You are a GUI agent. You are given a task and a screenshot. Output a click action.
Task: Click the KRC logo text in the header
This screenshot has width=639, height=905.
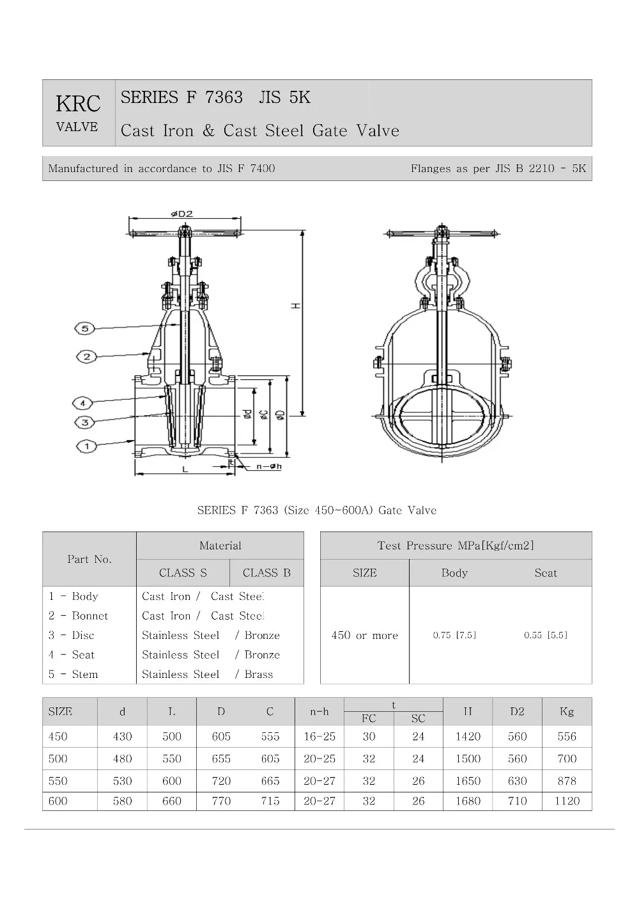coord(78,104)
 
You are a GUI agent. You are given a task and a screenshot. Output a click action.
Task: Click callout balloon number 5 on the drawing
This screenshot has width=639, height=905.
coord(86,328)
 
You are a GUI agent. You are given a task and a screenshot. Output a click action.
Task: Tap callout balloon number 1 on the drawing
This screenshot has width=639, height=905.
coord(87,446)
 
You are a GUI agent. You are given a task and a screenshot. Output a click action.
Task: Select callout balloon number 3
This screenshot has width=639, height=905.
coord(85,422)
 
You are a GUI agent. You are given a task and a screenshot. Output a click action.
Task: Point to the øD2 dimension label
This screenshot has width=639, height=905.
coord(181,214)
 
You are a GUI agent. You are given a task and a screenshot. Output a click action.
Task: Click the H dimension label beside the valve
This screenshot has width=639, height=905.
coord(296,306)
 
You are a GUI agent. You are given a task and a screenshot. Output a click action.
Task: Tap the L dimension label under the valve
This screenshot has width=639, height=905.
coord(185,469)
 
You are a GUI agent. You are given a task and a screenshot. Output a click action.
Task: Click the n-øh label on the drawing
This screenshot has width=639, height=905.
coord(269,466)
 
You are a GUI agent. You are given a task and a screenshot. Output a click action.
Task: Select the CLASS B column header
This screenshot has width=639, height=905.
coord(266,573)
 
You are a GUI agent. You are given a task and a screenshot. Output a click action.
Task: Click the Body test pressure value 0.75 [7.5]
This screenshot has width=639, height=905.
coord(454,635)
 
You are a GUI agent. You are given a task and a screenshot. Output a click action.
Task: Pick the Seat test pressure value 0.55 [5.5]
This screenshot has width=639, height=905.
coord(546,635)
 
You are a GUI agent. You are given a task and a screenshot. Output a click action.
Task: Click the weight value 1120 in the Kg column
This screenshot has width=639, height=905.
coord(567,801)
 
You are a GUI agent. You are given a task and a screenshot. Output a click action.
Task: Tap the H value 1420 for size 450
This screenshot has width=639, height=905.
coord(468,737)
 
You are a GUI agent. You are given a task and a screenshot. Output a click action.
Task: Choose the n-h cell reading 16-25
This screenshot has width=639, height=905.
coord(319,737)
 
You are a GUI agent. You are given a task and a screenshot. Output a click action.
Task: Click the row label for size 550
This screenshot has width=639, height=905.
coord(58,781)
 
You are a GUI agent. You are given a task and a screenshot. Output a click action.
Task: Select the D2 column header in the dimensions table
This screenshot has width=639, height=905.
coord(517,711)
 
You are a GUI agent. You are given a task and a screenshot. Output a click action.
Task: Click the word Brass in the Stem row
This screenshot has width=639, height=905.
coord(258,674)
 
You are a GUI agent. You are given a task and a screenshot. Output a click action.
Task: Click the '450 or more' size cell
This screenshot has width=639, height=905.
coord(364,635)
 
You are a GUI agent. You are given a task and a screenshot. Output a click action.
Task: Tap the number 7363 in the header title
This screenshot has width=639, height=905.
coord(224,97)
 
